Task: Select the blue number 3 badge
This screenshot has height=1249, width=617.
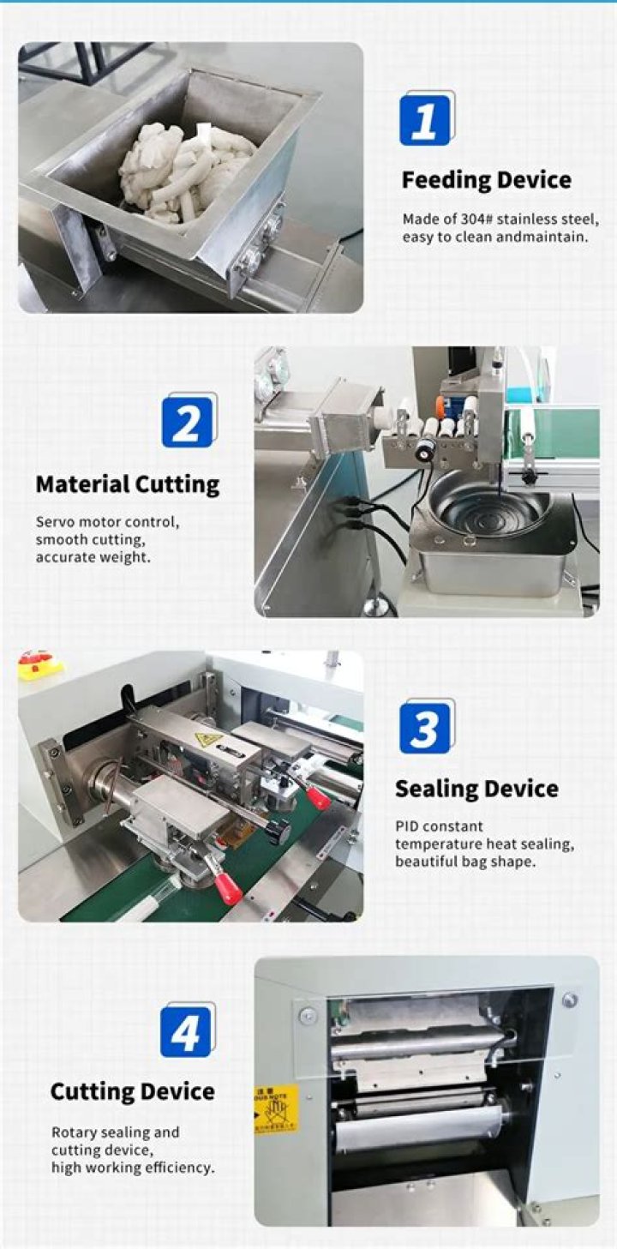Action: point(425,730)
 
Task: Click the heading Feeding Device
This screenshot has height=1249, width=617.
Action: point(486,180)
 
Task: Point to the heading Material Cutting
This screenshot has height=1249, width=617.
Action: point(128,484)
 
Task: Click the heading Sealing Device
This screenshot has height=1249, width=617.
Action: point(476,789)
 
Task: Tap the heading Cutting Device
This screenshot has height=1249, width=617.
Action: point(132,1091)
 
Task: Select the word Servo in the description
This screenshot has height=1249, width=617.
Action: point(53,522)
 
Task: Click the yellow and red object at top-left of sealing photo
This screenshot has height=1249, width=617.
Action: point(39,665)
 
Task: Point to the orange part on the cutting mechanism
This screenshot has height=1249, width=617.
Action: point(440,404)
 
